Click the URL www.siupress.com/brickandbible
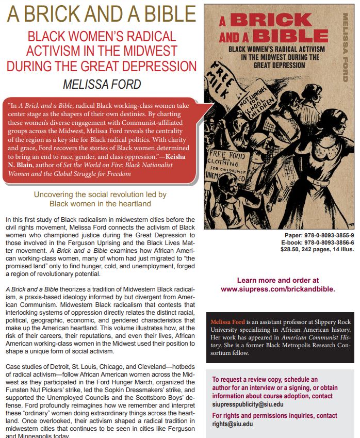click(x=278, y=289)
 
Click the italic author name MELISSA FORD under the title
click(x=102, y=84)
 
